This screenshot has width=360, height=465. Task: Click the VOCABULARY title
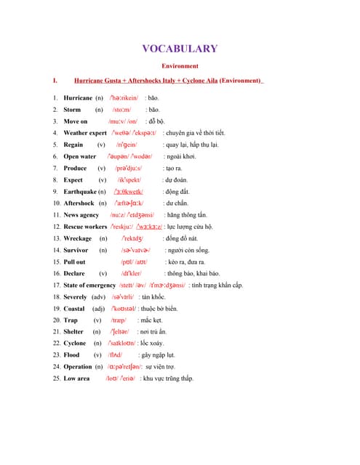pos(180,49)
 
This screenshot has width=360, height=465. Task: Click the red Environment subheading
pos(180,65)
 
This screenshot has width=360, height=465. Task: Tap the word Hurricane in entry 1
pos(78,97)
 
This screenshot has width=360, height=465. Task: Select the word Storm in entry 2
pos(72,110)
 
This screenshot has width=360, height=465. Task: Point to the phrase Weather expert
pos(85,133)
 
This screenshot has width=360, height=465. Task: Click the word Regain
pos(73,145)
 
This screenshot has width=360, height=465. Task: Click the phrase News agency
pos(81,215)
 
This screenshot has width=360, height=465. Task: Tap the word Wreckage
pos(77,238)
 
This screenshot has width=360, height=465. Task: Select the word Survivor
pos(76,250)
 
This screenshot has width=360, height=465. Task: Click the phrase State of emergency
pos(89,285)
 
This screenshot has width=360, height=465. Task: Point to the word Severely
pos(76,297)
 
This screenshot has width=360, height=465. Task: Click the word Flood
pos(71,355)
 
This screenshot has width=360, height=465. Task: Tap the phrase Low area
pos(76,379)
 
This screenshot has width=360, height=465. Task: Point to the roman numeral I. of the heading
pos(55,80)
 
